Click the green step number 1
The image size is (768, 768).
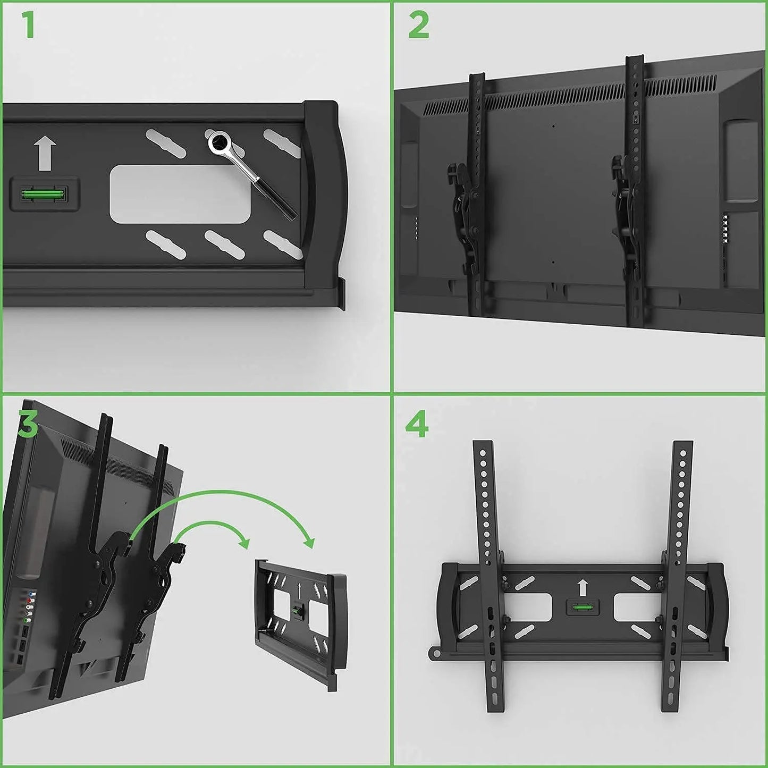pos(28,24)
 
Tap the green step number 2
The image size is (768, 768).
pos(419,24)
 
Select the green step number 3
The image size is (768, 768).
pos(28,425)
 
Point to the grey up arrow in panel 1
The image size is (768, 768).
pos(45,154)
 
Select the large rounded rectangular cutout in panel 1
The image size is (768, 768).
pos(180,194)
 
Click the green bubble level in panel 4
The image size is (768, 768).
pos(583,607)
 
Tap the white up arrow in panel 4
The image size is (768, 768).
pos(583,588)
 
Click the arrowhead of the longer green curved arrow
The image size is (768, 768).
pos(309,542)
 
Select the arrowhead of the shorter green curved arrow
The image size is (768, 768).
pos(244,543)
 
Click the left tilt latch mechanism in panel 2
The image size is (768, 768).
pos(465,207)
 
